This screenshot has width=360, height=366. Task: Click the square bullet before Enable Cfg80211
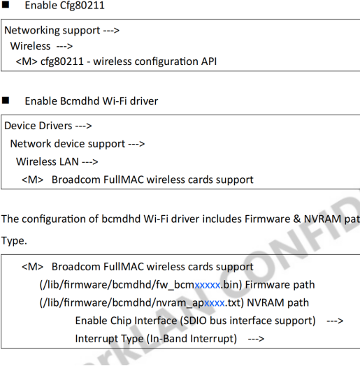pos(6,5)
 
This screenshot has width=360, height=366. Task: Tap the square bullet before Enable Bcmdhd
pos(6,101)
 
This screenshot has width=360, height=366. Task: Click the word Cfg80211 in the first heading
pos(82,5)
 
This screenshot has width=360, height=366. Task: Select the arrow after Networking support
pos(111,30)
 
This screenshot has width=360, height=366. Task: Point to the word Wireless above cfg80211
pos(30,46)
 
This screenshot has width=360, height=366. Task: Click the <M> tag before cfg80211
pos(27,61)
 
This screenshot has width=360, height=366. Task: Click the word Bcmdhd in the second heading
pos(80,101)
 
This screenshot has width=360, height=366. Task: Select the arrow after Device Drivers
pos(83,126)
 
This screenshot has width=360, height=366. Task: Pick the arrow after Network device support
pos(136,144)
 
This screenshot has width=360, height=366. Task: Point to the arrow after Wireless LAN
pos(89,162)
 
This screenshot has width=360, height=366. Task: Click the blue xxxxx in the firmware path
pos(208,285)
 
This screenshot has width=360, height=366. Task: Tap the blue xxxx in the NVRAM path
pos(215,303)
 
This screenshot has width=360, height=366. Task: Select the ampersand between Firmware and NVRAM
pos(297,219)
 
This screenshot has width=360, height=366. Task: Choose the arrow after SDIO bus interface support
pos(335,321)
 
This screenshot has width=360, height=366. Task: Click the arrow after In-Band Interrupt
pos(256,339)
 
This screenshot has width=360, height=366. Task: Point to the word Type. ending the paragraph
pos(14,241)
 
